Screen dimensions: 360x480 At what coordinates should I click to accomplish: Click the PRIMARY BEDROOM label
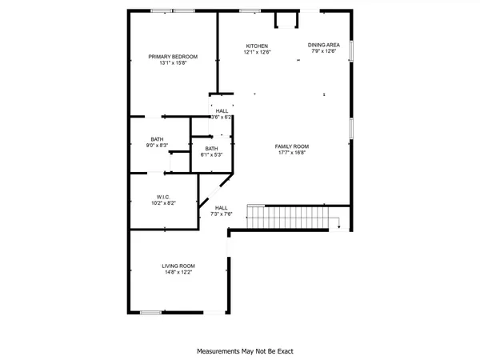pyautogui.click(x=173, y=56)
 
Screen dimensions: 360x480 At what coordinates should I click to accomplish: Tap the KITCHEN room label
pyautogui.click(x=257, y=46)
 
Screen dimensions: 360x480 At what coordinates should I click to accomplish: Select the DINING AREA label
pyautogui.click(x=324, y=45)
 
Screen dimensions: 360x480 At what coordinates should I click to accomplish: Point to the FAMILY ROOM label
pyautogui.click(x=292, y=146)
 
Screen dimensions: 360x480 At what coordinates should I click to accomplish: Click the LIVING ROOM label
pyautogui.click(x=178, y=266)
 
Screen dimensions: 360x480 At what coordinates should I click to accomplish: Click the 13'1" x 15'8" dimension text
pyautogui.click(x=173, y=63)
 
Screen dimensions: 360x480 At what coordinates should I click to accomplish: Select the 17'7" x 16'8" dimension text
pyautogui.click(x=292, y=153)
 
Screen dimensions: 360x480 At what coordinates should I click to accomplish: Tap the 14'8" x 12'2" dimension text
pyautogui.click(x=178, y=272)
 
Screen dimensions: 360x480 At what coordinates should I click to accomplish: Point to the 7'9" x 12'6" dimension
pyautogui.click(x=326, y=52)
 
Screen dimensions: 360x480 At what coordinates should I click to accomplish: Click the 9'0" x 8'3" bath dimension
pyautogui.click(x=157, y=146)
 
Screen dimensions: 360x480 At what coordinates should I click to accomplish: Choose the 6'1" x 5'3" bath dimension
pyautogui.click(x=211, y=154)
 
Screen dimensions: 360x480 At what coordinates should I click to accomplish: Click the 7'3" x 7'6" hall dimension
pyautogui.click(x=222, y=214)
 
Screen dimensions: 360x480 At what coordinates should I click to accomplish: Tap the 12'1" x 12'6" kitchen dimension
pyautogui.click(x=258, y=52)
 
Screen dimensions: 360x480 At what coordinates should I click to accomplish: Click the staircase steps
pyautogui.click(x=288, y=217)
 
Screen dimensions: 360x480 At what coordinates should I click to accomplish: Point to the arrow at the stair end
pyautogui.click(x=338, y=226)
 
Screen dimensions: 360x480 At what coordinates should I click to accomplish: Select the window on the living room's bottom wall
pyautogui.click(x=151, y=313)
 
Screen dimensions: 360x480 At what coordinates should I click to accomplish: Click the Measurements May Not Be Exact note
pyautogui.click(x=239, y=350)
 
